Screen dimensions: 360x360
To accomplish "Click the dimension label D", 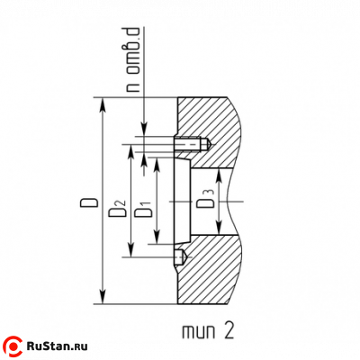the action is tap(89, 202).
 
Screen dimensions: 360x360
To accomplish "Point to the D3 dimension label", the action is tap(205, 199).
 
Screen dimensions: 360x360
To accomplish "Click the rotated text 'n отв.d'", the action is tap(133, 59).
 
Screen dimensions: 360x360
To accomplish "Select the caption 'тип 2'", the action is tap(208, 331).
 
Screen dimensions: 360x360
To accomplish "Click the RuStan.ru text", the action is tap(57, 346).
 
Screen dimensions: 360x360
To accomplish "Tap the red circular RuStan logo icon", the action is tap(13, 346).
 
